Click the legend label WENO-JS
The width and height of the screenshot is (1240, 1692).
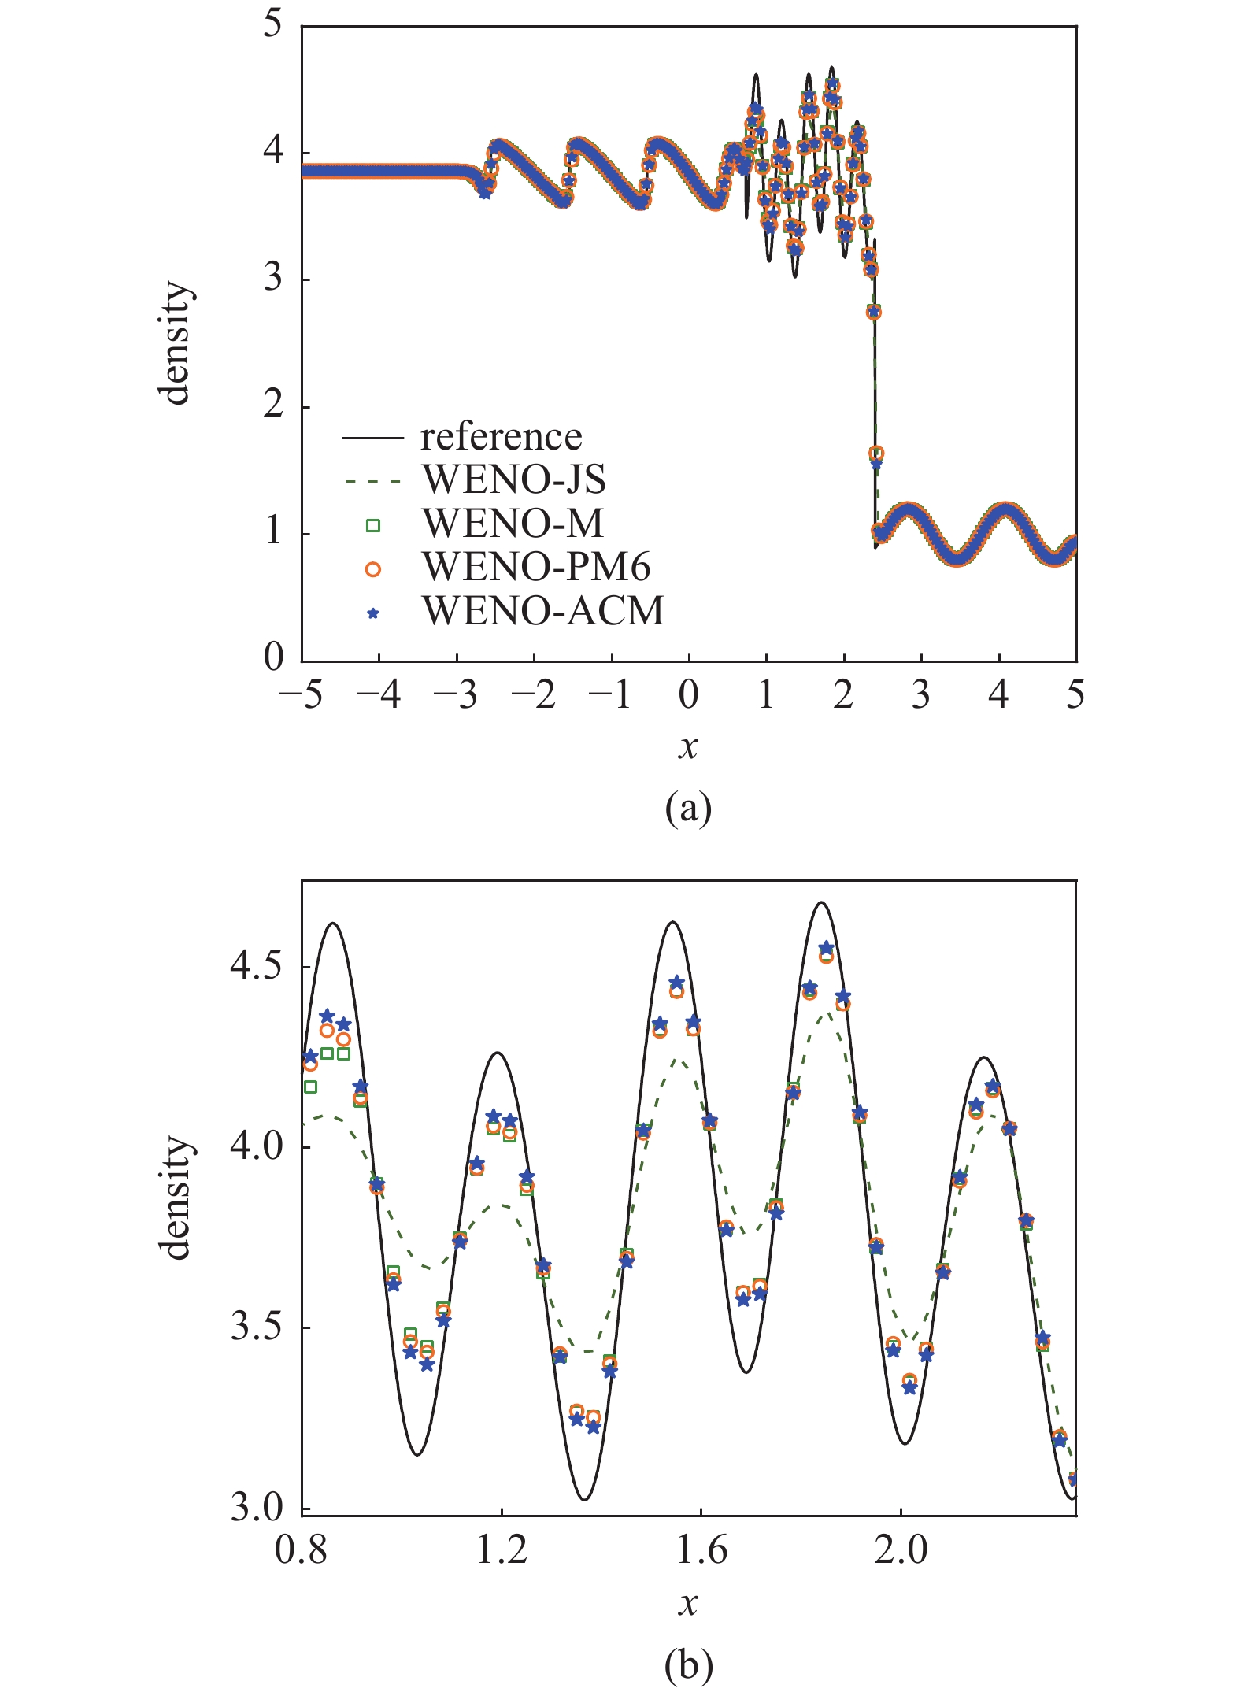(514, 479)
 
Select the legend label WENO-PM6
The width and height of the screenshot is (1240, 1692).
(536, 567)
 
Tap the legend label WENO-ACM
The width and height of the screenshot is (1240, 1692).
(543, 611)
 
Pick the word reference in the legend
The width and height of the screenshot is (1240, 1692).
(501, 436)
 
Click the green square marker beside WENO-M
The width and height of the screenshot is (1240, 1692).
(373, 525)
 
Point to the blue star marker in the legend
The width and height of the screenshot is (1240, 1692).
(373, 613)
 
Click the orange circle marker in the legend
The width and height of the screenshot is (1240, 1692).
(373, 569)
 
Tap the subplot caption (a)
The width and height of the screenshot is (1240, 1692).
(688, 809)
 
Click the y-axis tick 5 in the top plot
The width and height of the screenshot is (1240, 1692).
(272, 24)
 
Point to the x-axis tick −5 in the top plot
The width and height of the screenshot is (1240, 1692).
(301, 695)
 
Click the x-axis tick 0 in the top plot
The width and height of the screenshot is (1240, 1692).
(688, 695)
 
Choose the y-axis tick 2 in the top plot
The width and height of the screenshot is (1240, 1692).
(272, 405)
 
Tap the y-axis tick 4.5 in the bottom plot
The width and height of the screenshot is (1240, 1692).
(255, 966)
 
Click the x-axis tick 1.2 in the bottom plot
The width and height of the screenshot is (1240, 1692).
(502, 1549)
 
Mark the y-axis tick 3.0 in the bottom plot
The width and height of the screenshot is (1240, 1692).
(255, 1509)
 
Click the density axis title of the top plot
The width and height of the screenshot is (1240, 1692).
(176, 343)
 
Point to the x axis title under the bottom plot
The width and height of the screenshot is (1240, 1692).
(688, 1604)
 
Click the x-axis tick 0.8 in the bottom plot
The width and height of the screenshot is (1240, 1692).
(302, 1549)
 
